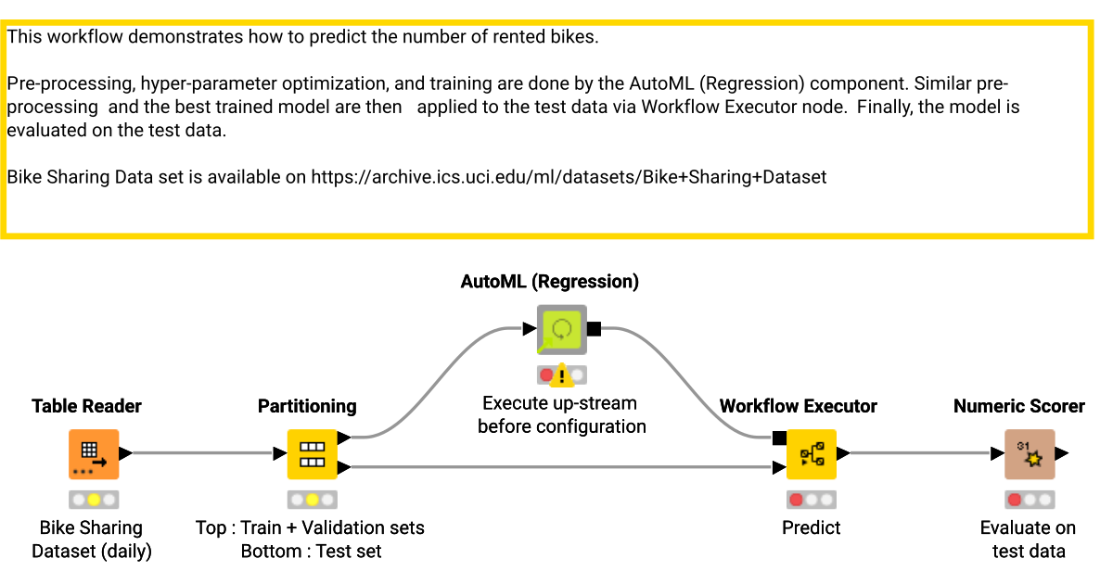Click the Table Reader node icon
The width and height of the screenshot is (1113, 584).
pos(94,454)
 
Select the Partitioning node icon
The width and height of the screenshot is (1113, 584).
pos(312,454)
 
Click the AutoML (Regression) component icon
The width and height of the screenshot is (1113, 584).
pos(562,329)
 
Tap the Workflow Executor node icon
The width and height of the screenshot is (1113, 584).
pos(811,454)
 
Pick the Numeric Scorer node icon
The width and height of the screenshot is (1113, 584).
pos(1030,454)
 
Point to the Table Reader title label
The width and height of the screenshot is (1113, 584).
pos(86,406)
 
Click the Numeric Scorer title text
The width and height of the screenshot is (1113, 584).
pos(1018,406)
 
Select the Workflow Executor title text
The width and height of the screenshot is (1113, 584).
pos(798,406)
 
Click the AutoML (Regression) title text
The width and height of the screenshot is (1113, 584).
pos(549,282)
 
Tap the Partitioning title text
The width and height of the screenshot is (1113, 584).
pos(306,406)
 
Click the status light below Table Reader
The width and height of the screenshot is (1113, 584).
pos(94,500)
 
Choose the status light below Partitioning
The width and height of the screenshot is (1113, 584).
pos(312,500)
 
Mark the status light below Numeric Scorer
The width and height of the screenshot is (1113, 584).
pos(1030,500)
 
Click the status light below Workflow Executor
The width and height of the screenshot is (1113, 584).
pos(811,500)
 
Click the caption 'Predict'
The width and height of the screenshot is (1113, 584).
pos(811,528)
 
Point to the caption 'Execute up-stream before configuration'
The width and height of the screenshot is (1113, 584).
pos(561,415)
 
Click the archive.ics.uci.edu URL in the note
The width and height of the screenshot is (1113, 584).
pos(568,176)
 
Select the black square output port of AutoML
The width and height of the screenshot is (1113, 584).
pos(595,328)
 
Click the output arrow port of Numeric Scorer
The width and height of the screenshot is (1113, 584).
pos(1062,454)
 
